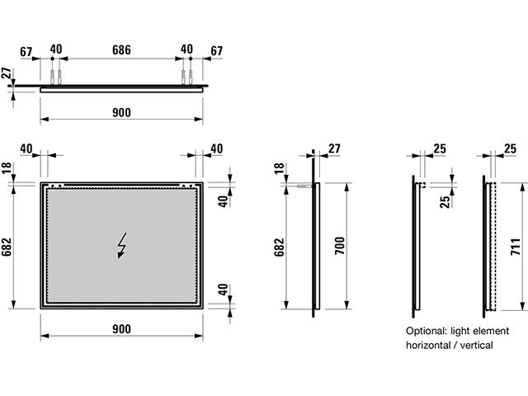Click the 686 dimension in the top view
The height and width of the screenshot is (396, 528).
[x=121, y=50]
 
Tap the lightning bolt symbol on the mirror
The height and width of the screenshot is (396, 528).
[x=121, y=245]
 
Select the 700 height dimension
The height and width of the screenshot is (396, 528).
[x=340, y=246]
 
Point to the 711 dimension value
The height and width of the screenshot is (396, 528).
[x=516, y=247]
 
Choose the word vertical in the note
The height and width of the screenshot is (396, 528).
[x=477, y=345]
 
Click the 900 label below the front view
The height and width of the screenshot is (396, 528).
[x=121, y=329]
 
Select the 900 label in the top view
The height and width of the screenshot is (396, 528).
[x=121, y=112]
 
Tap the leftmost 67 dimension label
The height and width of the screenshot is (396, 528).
[x=26, y=52]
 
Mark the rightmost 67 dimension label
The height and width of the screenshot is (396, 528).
[x=216, y=51]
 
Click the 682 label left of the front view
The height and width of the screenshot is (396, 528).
[x=7, y=247]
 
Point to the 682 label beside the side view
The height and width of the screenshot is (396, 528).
[x=279, y=247]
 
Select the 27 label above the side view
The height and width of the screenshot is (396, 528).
[x=334, y=148]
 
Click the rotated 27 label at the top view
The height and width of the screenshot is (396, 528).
[x=7, y=73]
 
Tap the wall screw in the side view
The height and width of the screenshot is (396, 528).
[x=304, y=186]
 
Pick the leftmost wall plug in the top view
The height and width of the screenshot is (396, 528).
[x=52, y=77]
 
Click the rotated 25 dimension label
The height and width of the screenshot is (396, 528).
[x=445, y=202]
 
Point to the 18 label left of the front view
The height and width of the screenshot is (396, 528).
[x=7, y=168]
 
